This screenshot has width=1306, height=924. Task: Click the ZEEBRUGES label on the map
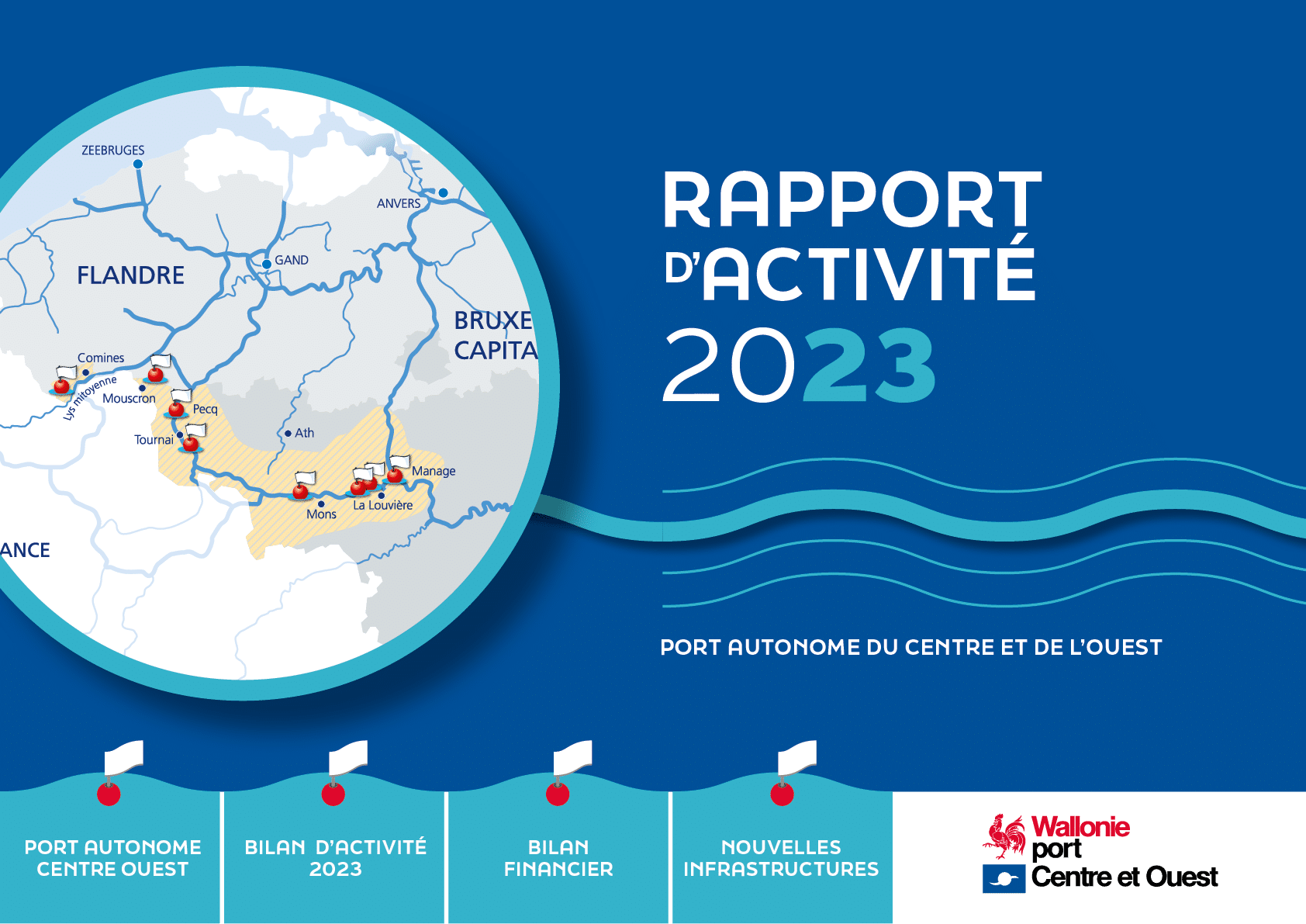click(x=112, y=150)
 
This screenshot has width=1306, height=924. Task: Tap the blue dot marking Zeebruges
click(x=138, y=164)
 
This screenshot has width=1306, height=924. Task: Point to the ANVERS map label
click(x=398, y=203)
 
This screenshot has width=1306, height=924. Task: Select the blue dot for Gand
click(x=267, y=264)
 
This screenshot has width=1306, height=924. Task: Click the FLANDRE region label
click(x=130, y=275)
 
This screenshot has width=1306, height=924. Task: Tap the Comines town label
click(x=101, y=358)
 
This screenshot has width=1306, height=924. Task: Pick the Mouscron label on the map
click(x=129, y=399)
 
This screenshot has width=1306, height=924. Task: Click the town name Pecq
click(x=206, y=410)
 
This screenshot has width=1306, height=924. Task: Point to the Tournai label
click(x=154, y=439)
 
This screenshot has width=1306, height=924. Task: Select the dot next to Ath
click(x=288, y=434)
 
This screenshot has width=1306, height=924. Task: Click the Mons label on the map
click(x=321, y=514)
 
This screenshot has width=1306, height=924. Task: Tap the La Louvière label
click(x=382, y=505)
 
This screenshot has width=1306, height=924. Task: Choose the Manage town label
click(x=434, y=471)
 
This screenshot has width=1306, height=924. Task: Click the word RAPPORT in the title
click(x=852, y=199)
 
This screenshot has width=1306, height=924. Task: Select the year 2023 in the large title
click(x=800, y=365)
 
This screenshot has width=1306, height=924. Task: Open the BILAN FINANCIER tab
click(x=558, y=857)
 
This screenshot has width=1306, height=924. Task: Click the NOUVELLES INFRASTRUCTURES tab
click(x=781, y=857)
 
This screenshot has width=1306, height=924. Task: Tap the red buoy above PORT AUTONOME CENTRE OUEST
click(x=109, y=794)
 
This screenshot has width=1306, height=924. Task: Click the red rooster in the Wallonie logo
click(x=1004, y=836)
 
